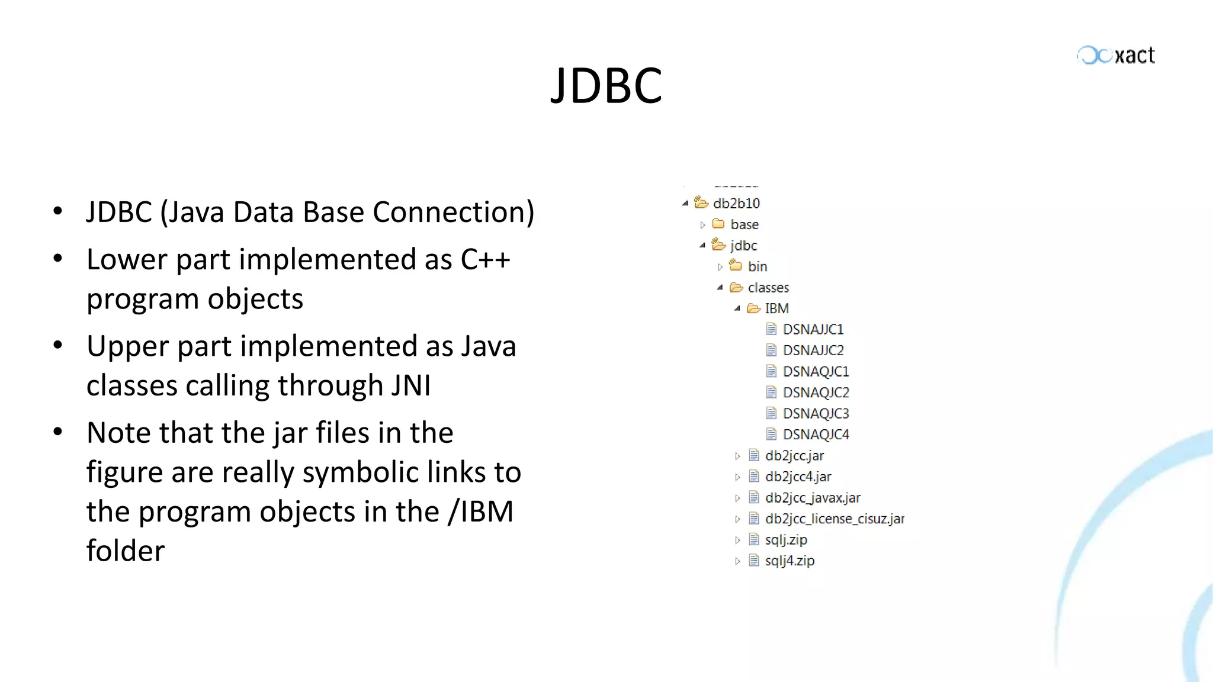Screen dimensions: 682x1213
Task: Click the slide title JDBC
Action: [x=606, y=86]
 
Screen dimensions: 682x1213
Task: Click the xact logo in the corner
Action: [x=1116, y=56]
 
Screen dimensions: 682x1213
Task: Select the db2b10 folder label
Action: [x=736, y=204]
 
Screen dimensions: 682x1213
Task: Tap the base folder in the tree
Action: [x=744, y=225]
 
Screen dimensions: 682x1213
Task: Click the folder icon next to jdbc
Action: [x=718, y=245]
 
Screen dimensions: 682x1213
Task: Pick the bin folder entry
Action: [x=757, y=267]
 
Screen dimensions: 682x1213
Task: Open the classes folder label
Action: [x=768, y=288]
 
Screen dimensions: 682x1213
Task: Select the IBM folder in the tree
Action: [x=776, y=308]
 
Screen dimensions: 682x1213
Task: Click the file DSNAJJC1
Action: [x=813, y=330]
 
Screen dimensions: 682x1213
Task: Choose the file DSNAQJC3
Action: [x=816, y=414]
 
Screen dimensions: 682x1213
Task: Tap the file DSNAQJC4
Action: [x=816, y=435]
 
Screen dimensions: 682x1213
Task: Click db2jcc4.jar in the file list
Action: [x=798, y=477]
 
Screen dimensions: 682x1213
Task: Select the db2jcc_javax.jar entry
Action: [x=812, y=498]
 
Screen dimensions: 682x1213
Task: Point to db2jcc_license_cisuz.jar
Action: [x=834, y=519]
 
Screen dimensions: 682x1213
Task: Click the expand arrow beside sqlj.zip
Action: [x=737, y=541]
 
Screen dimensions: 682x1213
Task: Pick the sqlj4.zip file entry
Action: [x=790, y=561]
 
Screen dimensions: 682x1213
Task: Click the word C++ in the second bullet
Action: [x=485, y=260]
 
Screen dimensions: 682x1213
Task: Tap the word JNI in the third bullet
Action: [x=410, y=386]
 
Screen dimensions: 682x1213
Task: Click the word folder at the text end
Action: [x=126, y=551]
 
